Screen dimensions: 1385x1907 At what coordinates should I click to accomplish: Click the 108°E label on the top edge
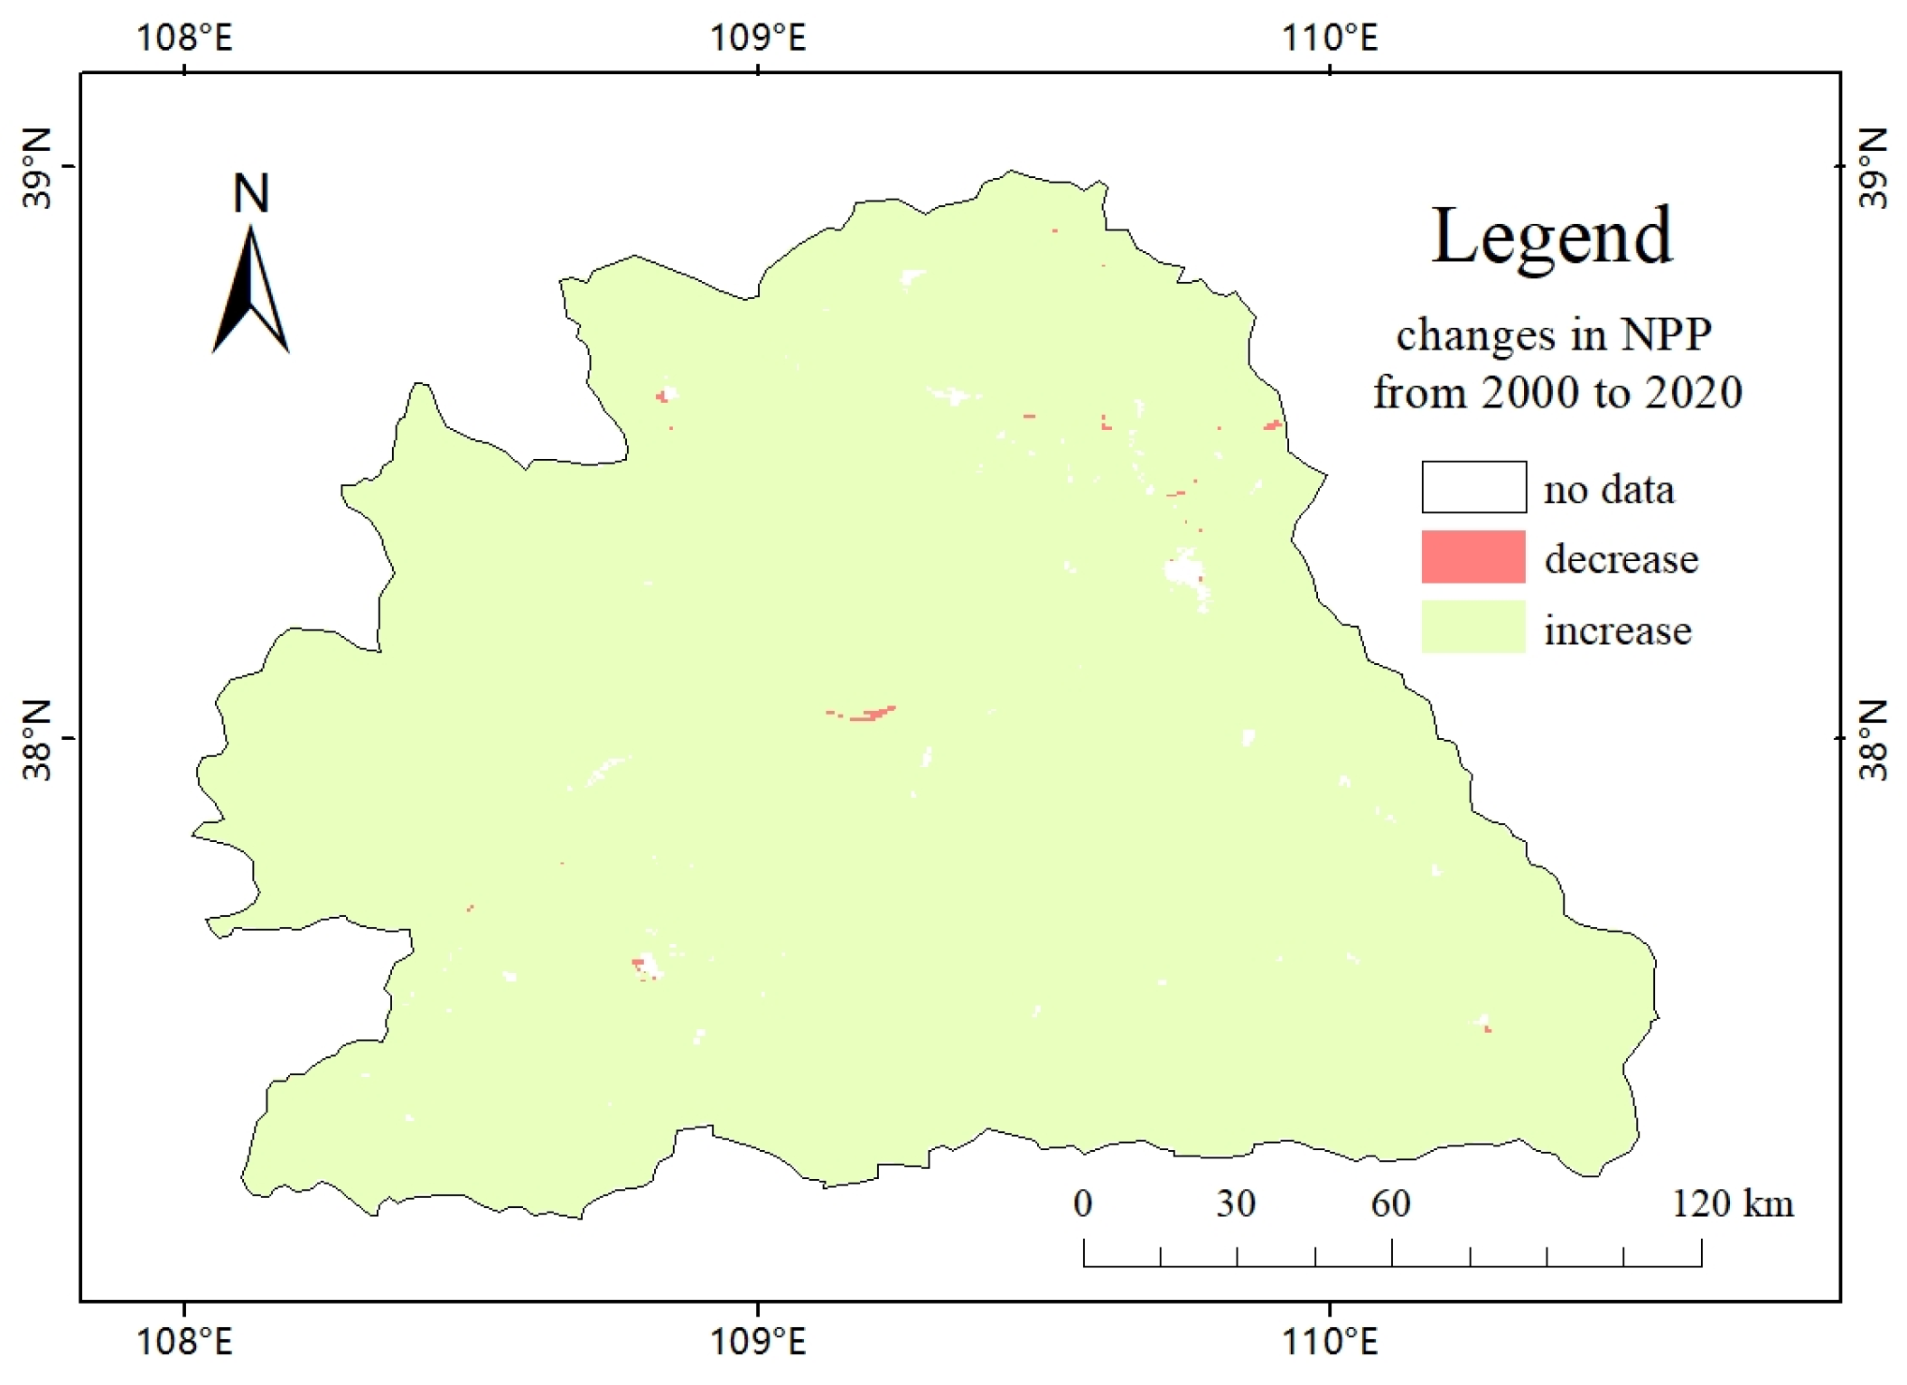184,38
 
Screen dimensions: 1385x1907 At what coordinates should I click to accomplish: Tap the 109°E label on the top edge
757,38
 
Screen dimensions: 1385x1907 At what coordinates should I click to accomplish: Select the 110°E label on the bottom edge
1330,1342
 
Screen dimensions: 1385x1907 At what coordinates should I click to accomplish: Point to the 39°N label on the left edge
37,167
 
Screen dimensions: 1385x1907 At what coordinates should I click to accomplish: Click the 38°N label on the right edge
1874,740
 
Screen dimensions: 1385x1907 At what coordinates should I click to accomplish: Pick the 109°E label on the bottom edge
757,1342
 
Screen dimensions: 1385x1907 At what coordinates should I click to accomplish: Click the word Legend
1552,237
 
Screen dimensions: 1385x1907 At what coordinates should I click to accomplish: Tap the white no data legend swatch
1473,487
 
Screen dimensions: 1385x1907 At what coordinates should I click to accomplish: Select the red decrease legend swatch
1473,557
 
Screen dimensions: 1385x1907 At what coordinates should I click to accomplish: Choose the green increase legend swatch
1473,626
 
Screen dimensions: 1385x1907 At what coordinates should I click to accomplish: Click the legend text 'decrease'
1621,559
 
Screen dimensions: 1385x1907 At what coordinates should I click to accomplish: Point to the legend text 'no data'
1608,490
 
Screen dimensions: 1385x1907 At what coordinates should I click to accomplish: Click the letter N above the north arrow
251,193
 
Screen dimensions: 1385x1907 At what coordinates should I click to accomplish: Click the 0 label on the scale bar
1082,1203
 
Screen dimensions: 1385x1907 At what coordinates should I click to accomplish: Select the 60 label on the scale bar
1390,1203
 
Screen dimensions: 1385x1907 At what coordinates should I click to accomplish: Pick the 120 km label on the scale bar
1732,1203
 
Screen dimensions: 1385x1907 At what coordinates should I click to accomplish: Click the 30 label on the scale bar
1236,1203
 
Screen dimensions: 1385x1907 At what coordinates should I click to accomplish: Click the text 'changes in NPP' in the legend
1554,335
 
